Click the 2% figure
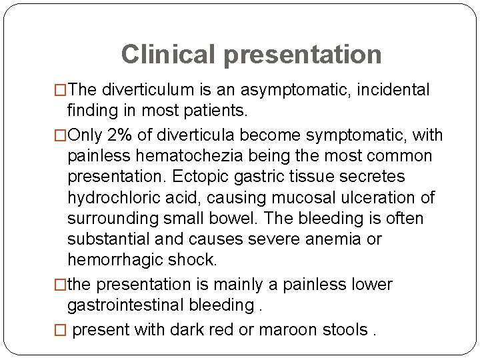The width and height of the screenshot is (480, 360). (x=119, y=135)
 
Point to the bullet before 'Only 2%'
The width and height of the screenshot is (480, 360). (x=61, y=135)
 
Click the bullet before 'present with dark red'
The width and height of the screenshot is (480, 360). (x=61, y=330)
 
